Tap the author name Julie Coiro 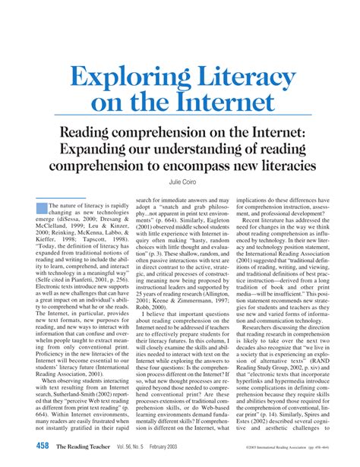[181, 181]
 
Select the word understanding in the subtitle [204, 147]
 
